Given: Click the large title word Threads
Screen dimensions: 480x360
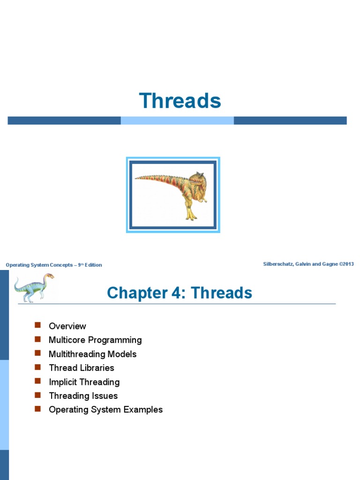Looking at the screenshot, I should point(180,101).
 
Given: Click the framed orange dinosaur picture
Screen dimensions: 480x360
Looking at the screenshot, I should point(173,195).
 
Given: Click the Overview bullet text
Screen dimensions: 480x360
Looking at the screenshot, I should point(67,326).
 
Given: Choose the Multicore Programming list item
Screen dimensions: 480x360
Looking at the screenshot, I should point(95,340).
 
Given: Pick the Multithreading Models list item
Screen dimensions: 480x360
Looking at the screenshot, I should point(92,354).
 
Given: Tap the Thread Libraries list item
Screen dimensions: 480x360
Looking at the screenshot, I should point(81,368).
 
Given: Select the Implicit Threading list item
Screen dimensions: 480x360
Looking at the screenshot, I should point(84,382).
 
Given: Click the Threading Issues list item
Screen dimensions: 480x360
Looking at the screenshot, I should point(83,396).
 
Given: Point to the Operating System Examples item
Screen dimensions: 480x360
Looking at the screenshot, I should point(105,410).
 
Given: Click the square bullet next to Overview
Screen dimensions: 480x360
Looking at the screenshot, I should point(38,326).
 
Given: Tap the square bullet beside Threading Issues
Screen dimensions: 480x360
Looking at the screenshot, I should point(38,395).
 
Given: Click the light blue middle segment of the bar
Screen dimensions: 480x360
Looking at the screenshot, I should point(177,120).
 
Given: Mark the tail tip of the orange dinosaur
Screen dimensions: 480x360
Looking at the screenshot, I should point(136,178).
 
